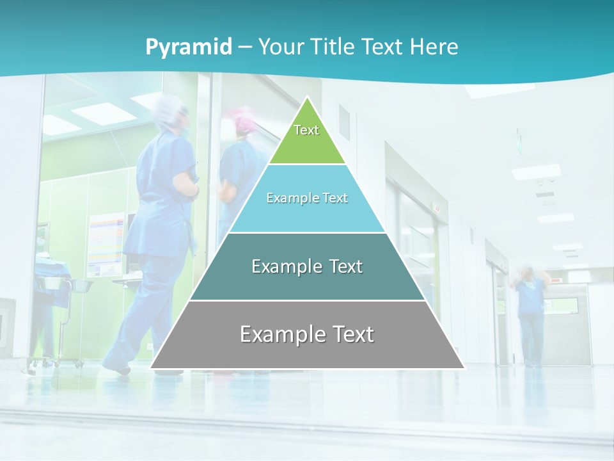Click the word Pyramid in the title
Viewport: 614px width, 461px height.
(x=189, y=47)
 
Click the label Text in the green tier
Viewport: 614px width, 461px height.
(x=306, y=130)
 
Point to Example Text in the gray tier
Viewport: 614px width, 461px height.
(x=307, y=334)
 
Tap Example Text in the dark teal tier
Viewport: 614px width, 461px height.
(x=307, y=266)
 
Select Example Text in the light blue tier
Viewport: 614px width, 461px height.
(x=307, y=198)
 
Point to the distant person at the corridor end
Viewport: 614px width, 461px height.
(x=530, y=314)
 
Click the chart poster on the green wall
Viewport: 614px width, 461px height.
(x=106, y=243)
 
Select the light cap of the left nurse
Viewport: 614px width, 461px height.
(x=171, y=110)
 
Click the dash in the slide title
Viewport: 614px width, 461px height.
(x=245, y=47)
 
